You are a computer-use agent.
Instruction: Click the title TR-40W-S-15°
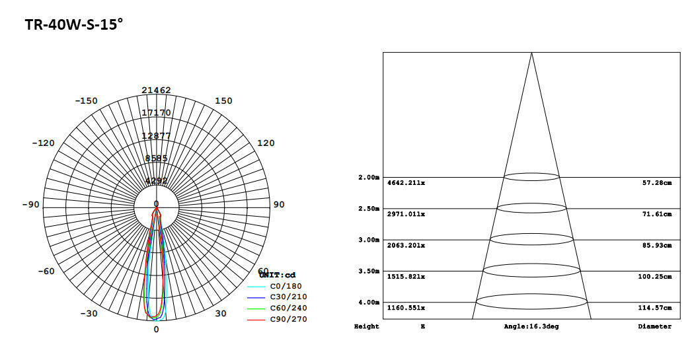tap(74, 25)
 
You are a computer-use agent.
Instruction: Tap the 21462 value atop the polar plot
tap(156, 90)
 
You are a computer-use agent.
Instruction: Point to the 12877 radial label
tap(156, 135)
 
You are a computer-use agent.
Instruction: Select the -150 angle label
tap(86, 100)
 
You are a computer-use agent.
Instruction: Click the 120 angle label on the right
tap(265, 143)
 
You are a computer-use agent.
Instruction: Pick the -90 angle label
tap(30, 204)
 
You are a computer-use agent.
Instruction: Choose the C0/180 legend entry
tap(284, 286)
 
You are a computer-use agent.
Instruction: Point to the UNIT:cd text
tap(278, 275)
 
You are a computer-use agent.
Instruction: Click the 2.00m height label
tap(369, 177)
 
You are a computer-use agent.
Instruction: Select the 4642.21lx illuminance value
tap(406, 182)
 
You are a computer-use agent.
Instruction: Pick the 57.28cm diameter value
tap(657, 182)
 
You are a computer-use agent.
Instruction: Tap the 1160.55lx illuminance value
tap(406, 308)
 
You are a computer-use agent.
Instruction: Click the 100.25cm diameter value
tap(655, 277)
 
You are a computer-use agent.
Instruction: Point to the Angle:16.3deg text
tap(531, 326)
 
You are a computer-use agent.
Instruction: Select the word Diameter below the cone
tap(654, 326)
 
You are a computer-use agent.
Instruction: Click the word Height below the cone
tap(367, 326)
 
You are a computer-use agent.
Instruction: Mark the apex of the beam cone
tap(531, 53)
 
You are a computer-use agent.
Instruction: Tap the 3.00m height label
tap(369, 240)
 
